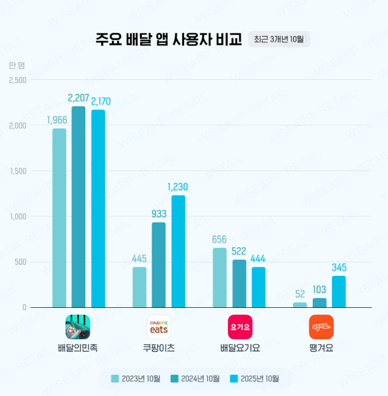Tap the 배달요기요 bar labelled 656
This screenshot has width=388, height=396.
click(x=220, y=277)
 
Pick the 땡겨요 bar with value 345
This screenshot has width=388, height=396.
click(x=339, y=292)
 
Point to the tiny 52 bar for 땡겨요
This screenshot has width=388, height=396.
click(x=300, y=305)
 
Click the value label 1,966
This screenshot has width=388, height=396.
click(x=58, y=120)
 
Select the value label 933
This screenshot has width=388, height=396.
click(x=159, y=214)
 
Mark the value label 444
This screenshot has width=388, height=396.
click(x=258, y=258)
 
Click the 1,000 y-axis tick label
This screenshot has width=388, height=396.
click(x=18, y=216)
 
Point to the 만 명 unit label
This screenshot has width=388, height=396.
click(x=17, y=65)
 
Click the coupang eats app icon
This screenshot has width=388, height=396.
click(x=159, y=327)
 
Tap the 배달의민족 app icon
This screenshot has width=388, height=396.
click(x=78, y=327)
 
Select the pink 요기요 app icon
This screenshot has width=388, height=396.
click(x=240, y=327)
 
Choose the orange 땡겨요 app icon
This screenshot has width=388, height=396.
click(x=321, y=327)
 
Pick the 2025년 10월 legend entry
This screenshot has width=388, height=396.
click(x=254, y=379)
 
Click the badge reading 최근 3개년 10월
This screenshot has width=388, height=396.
click(x=279, y=39)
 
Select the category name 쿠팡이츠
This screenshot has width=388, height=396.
click(x=159, y=348)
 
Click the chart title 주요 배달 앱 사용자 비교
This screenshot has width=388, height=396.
click(x=168, y=39)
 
